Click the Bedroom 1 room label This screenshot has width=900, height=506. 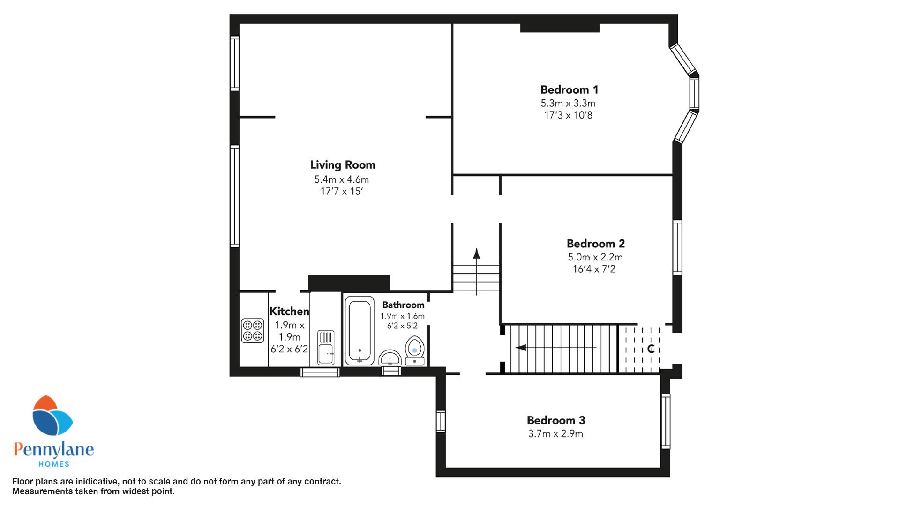(569, 89)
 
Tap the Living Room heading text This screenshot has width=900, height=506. (343, 165)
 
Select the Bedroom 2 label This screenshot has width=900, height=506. (595, 244)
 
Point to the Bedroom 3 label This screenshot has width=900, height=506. (556, 420)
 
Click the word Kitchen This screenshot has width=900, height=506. (289, 312)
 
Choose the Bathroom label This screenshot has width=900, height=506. (403, 305)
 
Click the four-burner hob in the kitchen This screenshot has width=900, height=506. (253, 330)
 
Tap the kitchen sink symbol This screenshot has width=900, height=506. (326, 347)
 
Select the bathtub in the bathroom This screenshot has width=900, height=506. (360, 330)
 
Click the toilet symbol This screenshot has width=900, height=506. (414, 350)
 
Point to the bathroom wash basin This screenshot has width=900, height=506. (390, 358)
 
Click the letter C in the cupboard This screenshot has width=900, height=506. (651, 349)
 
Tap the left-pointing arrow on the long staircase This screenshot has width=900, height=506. (556, 348)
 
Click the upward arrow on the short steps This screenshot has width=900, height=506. (477, 272)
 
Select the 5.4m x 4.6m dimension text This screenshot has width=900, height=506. (341, 179)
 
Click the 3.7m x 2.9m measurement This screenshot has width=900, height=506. (555, 434)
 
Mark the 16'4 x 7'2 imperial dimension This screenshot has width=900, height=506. (594, 269)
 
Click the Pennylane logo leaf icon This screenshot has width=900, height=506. (52, 416)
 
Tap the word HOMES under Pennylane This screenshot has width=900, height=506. (53, 464)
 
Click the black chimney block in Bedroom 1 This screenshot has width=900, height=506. (560, 28)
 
